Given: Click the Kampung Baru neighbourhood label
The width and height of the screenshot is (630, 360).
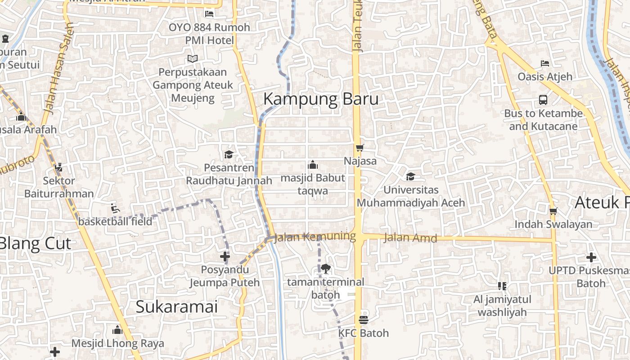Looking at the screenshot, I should coord(320,99).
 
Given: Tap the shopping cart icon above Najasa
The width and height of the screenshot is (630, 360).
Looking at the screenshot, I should coord(360,148).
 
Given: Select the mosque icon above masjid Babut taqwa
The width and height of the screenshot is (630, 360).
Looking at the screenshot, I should coord(313,165).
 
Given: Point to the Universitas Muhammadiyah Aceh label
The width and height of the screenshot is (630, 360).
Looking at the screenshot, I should coord(410,197).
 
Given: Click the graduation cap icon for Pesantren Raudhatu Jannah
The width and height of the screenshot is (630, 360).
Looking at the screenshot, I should coord(229,155).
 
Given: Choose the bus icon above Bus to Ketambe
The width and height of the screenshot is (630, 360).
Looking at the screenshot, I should coord(543,100).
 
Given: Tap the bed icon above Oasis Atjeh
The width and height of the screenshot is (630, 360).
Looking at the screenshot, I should coord(545,63).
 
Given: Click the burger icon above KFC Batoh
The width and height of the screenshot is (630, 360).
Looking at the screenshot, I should coord(364,320).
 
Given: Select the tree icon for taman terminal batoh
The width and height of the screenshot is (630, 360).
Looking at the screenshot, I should coord(326,269).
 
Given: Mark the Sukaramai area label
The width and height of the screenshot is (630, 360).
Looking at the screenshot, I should coord(176,307).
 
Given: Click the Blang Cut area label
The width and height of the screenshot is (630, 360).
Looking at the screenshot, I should coord(35,243).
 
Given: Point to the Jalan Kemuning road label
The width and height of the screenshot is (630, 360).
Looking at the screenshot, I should coord(315,236).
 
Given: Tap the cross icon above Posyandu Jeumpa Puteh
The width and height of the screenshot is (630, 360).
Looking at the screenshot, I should coord(225,256).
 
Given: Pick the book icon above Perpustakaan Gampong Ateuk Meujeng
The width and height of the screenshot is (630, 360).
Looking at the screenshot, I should coord(193,59).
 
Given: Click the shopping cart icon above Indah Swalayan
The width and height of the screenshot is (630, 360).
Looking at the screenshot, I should coord(553,211).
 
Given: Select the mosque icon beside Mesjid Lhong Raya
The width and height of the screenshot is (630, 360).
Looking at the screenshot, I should coord(117,330).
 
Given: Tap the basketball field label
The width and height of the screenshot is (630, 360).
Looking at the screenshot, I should coord(115,221).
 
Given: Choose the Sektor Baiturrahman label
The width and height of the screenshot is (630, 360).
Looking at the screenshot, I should coord(59,187).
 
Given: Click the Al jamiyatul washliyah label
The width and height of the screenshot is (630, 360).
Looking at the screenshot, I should coord(502,306).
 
